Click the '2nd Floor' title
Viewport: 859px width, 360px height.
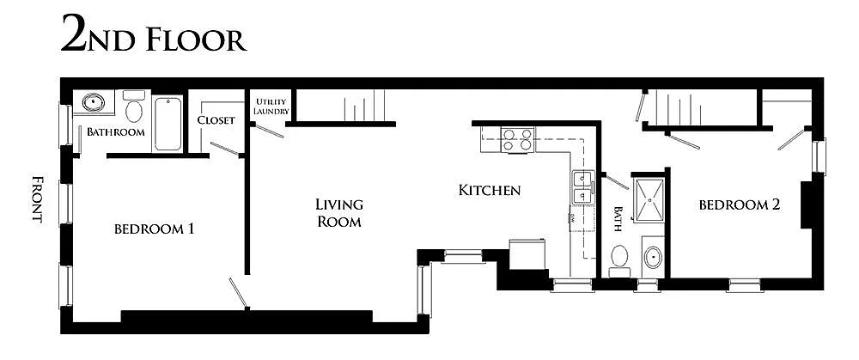(153, 37)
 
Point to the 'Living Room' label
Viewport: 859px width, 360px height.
(338, 212)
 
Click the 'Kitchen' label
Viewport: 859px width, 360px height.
(489, 190)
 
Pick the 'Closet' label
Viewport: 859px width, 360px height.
(216, 120)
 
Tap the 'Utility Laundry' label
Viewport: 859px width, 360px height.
(271, 107)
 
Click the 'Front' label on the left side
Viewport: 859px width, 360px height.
(37, 199)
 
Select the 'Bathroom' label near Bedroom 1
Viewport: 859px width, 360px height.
(115, 132)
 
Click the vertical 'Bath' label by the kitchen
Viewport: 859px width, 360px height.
(618, 219)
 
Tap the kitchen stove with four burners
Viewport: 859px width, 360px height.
(517, 139)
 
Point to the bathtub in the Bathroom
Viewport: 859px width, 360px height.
(168, 122)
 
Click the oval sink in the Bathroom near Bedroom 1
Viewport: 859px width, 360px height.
(93, 104)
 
